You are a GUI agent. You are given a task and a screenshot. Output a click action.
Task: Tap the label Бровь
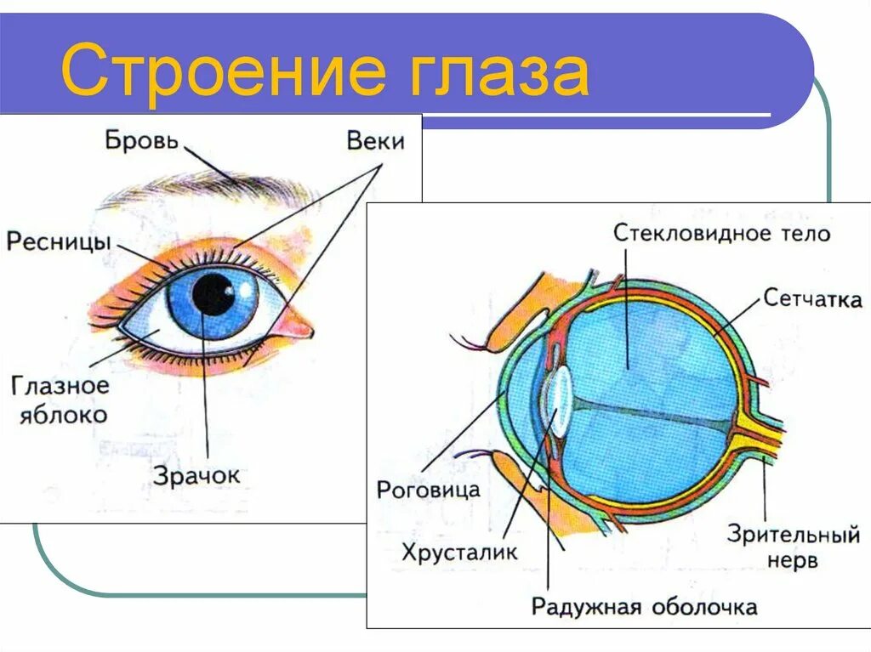coord(142,139)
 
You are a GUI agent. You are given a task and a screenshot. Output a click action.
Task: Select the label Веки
coord(375,141)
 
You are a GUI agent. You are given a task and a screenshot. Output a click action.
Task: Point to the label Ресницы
coord(59,241)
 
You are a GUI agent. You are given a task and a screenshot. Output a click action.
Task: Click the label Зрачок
coord(196,474)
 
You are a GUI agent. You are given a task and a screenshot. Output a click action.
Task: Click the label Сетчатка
coord(812,298)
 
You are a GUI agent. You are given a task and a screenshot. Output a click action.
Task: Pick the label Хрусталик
coord(460,552)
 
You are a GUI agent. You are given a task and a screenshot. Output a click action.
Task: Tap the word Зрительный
coord(793,536)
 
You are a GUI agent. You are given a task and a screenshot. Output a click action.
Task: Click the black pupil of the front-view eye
coord(212,294)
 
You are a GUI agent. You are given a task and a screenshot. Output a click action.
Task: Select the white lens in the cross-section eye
coord(558,400)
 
